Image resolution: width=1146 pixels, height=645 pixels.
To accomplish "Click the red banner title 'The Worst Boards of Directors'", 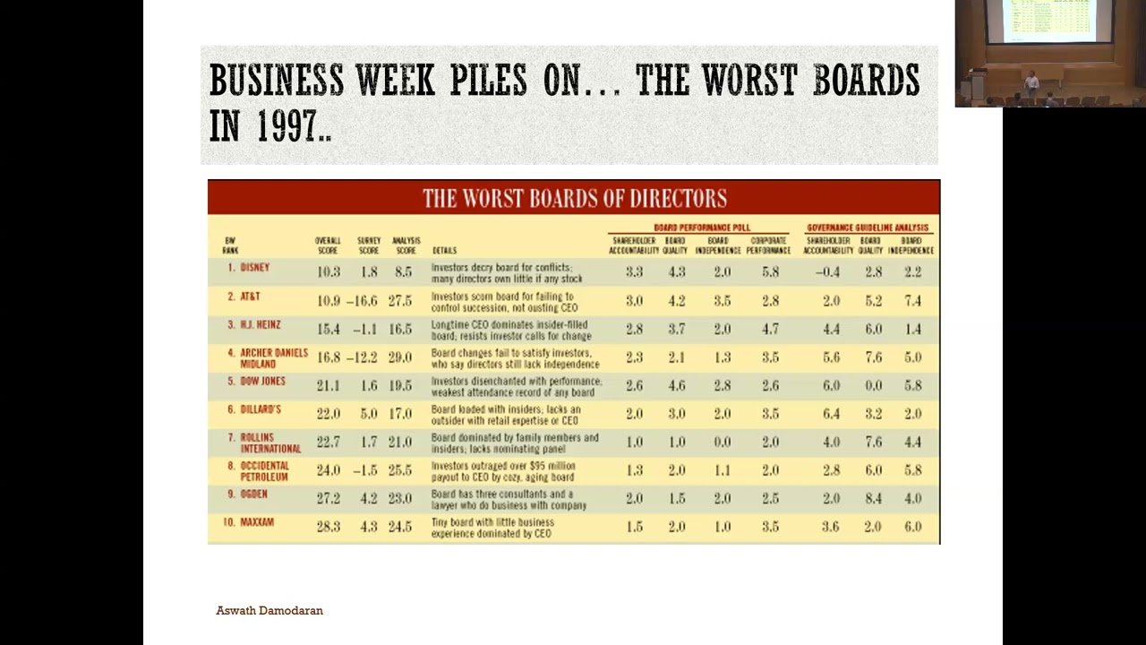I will coord(574,198).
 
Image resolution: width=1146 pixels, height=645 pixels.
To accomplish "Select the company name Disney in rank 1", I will coord(254,268).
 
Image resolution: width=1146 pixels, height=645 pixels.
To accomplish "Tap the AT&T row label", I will coord(250,297).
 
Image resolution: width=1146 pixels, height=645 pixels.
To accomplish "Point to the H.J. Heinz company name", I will coord(260,325).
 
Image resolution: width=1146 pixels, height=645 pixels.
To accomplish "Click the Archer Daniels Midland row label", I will coord(273,358).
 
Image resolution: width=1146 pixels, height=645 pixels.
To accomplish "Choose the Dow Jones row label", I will coord(262,382).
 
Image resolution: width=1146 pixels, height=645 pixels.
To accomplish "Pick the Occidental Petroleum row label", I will coord(264,471).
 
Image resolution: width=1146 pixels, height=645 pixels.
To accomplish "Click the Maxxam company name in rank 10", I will coord(257,522).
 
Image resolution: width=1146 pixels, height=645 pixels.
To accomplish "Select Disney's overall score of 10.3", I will coord(328,272).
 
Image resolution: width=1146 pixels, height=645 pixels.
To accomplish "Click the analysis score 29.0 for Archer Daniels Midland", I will coord(399,357).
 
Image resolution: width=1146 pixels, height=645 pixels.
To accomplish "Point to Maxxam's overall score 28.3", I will coord(328,527).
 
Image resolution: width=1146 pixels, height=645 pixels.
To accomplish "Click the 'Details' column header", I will coord(444,251).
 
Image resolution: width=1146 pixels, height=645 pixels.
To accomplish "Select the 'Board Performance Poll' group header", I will coord(702,228).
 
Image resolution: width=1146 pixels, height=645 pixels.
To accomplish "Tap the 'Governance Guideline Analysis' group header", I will coord(868,228).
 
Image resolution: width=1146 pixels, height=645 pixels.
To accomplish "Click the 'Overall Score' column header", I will coord(328,245).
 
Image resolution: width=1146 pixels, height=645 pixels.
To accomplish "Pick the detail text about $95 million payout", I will coord(503,471).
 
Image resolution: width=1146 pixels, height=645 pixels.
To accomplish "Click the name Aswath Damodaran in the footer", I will coord(269,610).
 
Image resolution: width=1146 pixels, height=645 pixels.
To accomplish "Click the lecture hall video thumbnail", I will coord(1049,54).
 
